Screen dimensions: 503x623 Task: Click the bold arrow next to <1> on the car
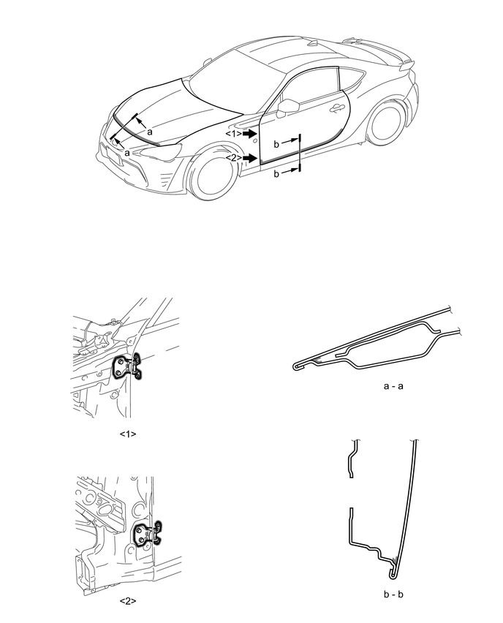coord(249,134)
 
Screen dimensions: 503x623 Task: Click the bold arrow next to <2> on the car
coord(249,158)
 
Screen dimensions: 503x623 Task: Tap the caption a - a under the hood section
coord(393,386)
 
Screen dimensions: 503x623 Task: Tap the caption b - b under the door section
coord(393,594)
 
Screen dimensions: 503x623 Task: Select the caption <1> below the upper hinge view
coord(128,434)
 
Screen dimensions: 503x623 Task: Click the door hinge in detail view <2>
coord(148,533)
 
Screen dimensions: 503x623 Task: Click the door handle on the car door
coord(336,108)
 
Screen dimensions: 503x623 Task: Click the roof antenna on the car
coord(315,44)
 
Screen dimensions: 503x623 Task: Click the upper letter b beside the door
coord(276,144)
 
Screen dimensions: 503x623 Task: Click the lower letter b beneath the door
coord(276,173)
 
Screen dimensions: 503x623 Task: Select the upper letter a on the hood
coord(150,132)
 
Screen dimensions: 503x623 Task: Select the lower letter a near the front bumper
coord(127,153)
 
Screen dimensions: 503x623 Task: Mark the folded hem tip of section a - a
coord(295,367)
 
